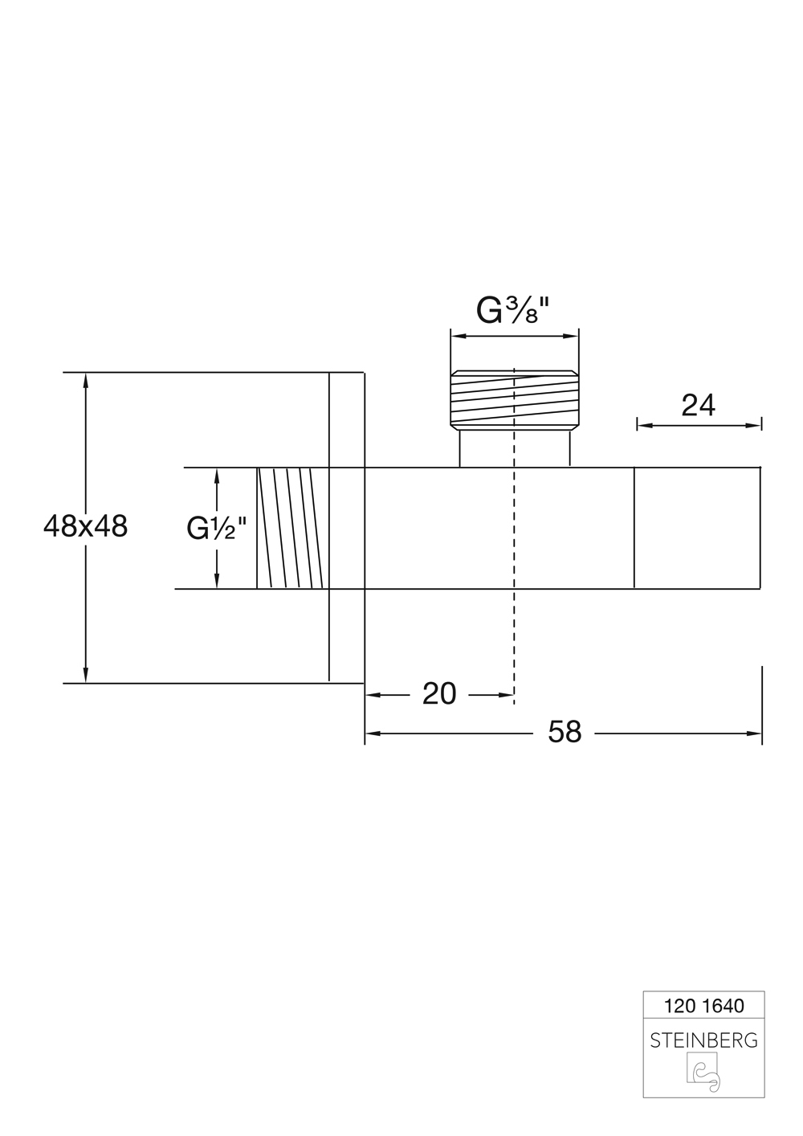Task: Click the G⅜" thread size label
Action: [513, 310]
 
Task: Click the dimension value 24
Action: [698, 406]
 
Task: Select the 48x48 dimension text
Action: [85, 527]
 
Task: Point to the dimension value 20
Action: [439, 693]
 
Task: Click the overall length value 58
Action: [565, 732]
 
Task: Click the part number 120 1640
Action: [704, 1005]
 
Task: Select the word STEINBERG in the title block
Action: [703, 1040]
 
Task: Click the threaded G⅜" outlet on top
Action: [514, 399]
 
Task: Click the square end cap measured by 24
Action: [697, 528]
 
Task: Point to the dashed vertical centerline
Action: [513, 627]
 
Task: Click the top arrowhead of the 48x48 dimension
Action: [86, 379]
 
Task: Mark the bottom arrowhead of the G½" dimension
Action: [217, 583]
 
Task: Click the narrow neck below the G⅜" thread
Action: [514, 449]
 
